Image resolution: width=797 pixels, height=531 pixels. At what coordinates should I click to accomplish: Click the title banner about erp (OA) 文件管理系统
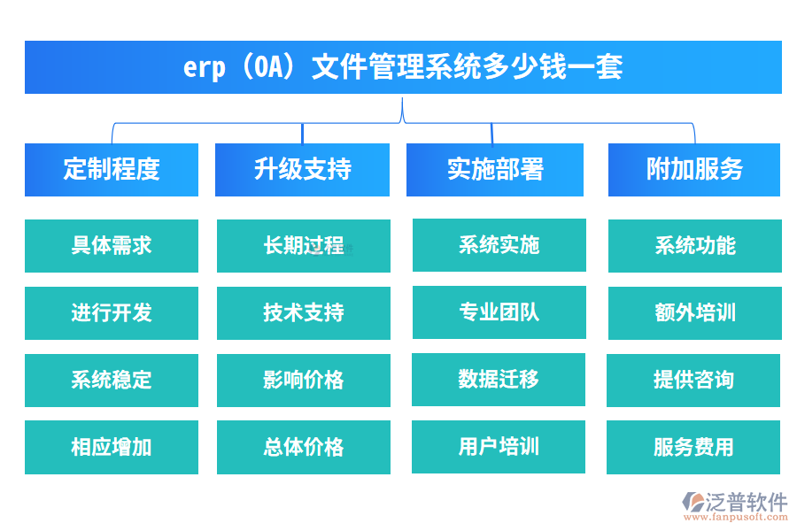(403, 67)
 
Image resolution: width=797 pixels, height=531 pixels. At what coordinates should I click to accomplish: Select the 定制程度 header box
(112, 169)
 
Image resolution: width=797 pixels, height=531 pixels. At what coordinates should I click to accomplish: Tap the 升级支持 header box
(302, 169)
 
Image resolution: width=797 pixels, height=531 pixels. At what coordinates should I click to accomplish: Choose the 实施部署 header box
(495, 169)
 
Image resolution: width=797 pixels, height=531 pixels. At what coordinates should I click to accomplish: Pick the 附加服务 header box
(694, 169)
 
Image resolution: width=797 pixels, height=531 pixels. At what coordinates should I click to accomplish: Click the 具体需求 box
(112, 245)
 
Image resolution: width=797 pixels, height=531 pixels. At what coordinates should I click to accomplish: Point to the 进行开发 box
(112, 312)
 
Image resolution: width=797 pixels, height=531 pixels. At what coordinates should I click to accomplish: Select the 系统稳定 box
(112, 380)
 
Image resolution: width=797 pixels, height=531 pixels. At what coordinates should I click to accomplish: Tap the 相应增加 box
(112, 447)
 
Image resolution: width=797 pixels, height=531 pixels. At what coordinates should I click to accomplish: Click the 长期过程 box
(303, 245)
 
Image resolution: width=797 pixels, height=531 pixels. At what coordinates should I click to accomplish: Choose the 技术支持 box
(303, 312)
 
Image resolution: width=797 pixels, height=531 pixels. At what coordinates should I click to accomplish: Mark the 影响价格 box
(303, 380)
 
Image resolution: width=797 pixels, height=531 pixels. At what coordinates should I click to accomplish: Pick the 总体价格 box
(303, 447)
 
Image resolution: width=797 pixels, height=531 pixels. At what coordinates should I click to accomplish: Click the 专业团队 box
(499, 312)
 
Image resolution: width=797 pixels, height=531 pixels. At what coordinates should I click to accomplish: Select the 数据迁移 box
(499, 379)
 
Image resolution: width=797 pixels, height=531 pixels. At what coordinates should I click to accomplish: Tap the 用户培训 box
(499, 446)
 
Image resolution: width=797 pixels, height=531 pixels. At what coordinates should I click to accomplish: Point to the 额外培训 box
(694, 312)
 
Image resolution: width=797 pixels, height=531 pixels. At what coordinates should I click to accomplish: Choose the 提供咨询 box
(693, 380)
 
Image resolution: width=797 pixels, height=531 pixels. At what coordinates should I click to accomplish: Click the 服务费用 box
(693, 447)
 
